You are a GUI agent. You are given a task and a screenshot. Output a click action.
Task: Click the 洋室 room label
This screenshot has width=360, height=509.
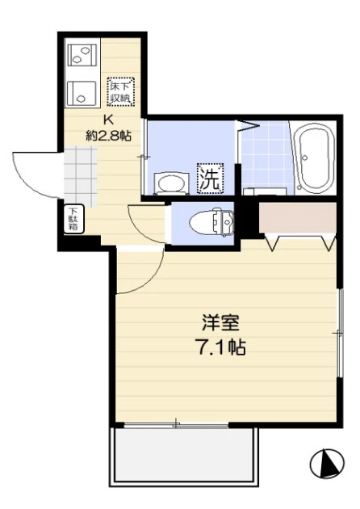(220, 322)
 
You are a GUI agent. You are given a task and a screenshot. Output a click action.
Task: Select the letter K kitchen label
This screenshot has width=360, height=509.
(108, 120)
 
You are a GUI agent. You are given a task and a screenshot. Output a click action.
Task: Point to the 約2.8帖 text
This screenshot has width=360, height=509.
(108, 136)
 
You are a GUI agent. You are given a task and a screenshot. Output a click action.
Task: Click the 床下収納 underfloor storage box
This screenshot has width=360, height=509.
(120, 91)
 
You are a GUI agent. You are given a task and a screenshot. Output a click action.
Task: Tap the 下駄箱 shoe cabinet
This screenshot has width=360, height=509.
(73, 219)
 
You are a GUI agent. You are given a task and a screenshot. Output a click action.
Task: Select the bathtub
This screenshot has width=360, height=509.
(316, 158)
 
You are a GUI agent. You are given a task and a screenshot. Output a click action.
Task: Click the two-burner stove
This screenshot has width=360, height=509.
(82, 55)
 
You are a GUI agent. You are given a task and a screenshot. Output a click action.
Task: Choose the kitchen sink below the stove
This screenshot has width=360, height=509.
(82, 93)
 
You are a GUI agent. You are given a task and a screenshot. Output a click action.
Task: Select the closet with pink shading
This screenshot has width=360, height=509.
(297, 217)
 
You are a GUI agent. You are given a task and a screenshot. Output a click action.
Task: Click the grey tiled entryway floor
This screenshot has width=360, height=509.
(81, 177)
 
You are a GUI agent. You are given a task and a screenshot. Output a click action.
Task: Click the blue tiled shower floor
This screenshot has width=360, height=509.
(266, 158)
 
